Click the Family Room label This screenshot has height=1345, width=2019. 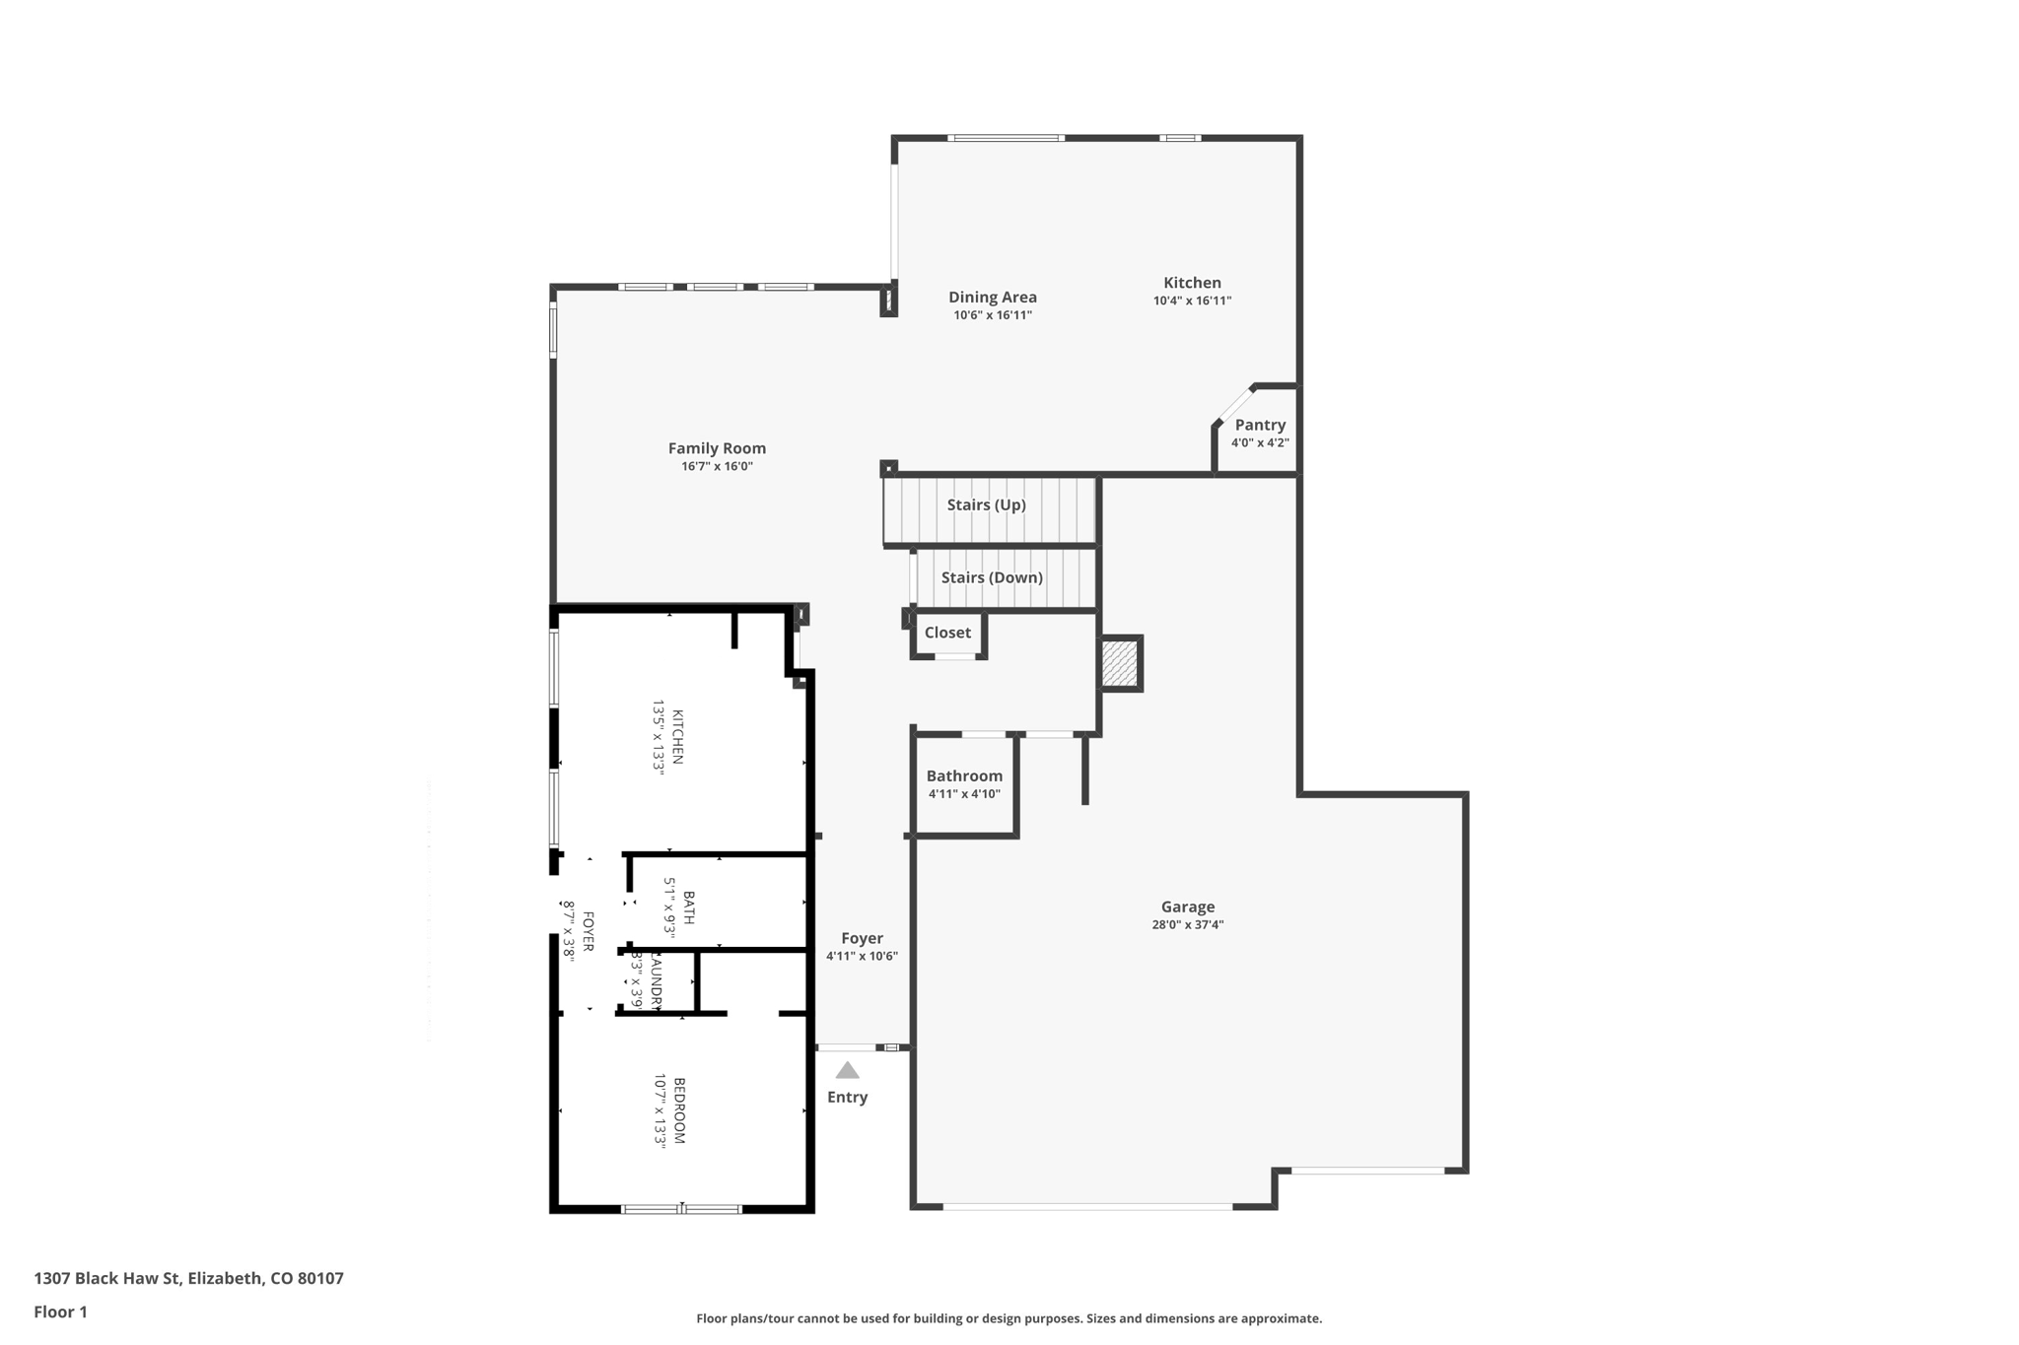(x=717, y=448)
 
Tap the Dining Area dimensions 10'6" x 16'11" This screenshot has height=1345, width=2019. (x=992, y=315)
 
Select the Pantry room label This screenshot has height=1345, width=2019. (x=1260, y=425)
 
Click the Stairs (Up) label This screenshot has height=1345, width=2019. (x=986, y=504)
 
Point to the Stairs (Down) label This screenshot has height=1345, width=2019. (x=992, y=577)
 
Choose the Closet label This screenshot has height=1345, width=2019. (x=947, y=633)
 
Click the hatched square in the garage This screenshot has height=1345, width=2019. (x=1120, y=663)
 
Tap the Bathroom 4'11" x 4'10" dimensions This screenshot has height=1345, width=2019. (x=964, y=794)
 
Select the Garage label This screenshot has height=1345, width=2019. (x=1187, y=907)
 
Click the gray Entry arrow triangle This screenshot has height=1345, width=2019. (x=847, y=1071)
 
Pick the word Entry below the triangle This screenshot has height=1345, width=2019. (x=847, y=1098)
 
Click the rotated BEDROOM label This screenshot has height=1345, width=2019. (x=678, y=1110)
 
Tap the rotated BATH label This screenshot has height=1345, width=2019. (x=688, y=908)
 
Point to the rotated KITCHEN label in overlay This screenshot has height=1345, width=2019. (x=677, y=737)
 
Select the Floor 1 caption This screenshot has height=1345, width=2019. (x=60, y=1312)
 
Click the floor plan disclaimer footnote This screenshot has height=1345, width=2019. (x=1009, y=1318)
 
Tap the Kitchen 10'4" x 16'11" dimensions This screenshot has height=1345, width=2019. (x=1192, y=301)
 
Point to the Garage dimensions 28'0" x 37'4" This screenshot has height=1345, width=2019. (x=1187, y=925)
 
